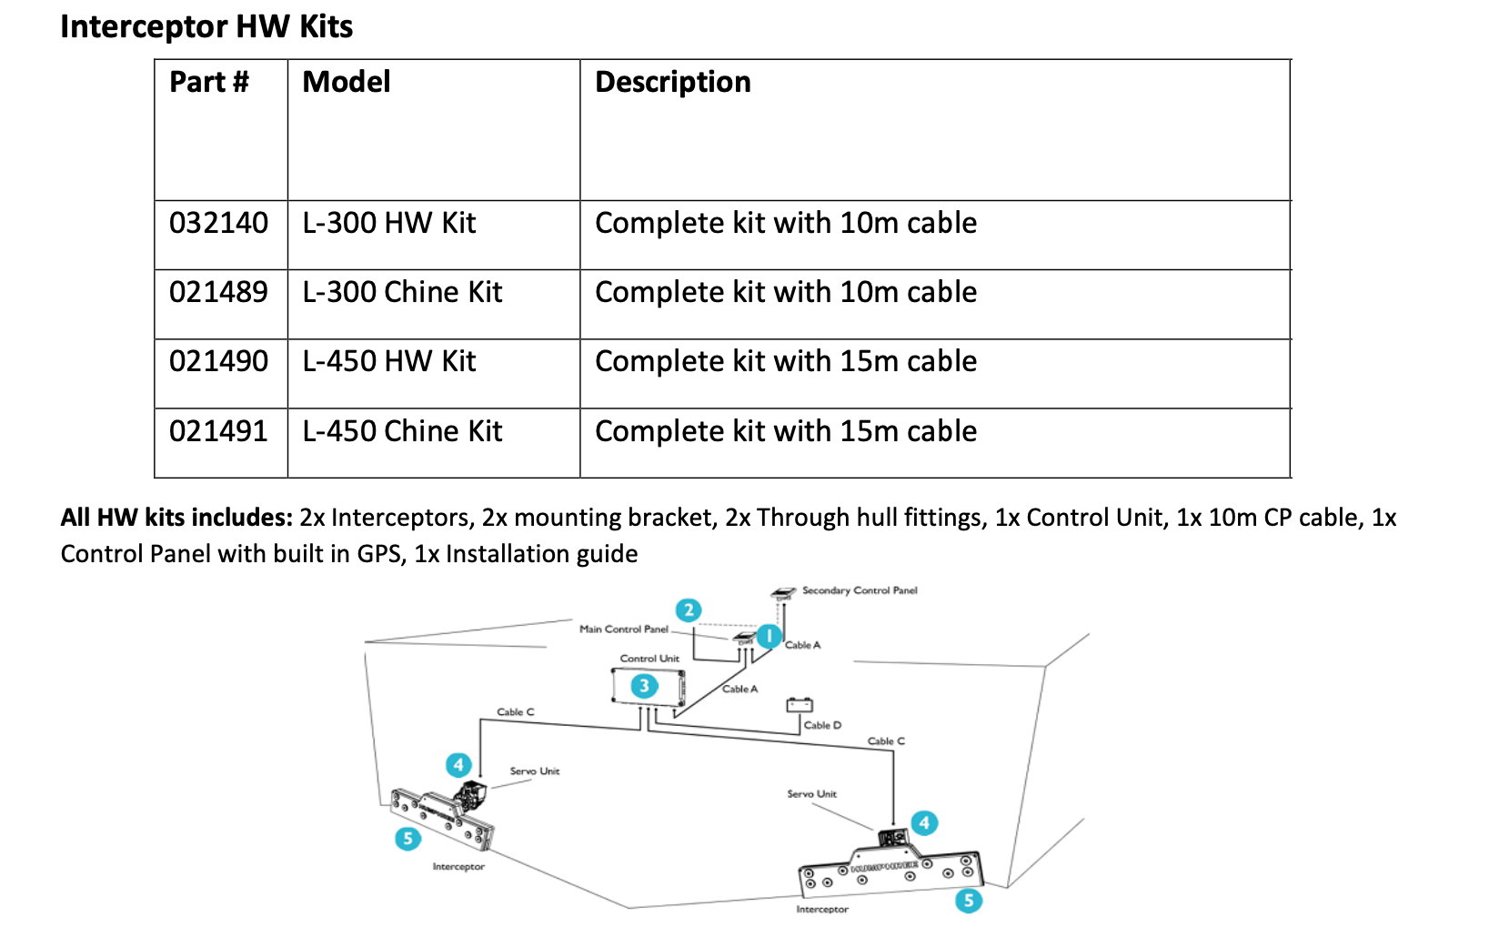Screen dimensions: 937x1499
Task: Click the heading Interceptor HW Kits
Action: click(206, 26)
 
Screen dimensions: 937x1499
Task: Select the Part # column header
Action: click(209, 82)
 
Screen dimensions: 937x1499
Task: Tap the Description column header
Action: click(672, 82)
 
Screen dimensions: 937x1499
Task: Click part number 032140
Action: click(218, 223)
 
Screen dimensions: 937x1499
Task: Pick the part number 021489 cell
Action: click(218, 292)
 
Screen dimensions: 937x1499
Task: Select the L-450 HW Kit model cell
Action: click(389, 361)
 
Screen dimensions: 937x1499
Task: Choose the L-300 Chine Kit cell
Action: click(402, 292)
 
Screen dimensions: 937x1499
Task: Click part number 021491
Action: click(218, 431)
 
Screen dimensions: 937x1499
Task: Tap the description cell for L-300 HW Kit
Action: click(785, 223)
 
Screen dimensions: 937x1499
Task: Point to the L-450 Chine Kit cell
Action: click(402, 431)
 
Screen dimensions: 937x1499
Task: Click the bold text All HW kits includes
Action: click(176, 518)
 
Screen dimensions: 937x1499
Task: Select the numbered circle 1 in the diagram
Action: click(770, 636)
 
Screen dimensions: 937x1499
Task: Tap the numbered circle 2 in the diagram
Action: click(689, 610)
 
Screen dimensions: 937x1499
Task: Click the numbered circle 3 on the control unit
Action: click(645, 686)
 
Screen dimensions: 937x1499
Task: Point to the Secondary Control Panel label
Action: click(859, 590)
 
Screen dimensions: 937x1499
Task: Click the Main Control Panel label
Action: click(624, 629)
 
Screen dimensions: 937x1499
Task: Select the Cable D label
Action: click(822, 725)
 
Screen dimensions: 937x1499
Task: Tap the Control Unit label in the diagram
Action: click(649, 658)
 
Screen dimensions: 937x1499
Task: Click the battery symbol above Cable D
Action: click(800, 704)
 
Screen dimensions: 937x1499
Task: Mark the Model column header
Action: click(347, 82)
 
